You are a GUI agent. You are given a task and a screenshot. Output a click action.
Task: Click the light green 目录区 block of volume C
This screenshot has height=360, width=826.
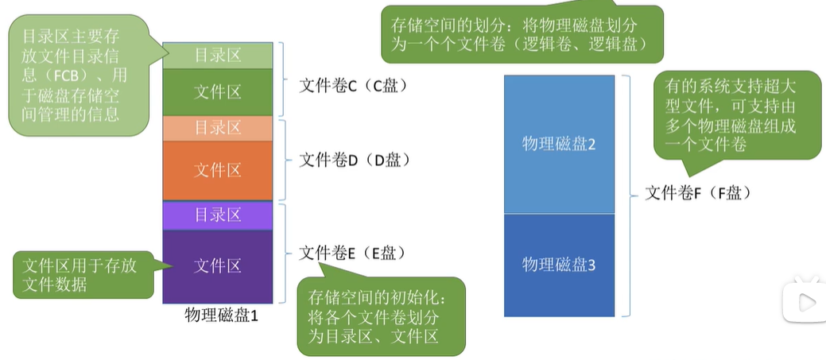218,56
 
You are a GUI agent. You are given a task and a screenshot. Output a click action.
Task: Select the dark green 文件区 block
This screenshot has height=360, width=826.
218,91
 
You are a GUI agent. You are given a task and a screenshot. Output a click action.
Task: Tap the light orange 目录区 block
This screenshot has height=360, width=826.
218,128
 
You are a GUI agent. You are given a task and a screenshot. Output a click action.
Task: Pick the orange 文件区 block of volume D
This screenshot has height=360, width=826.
218,170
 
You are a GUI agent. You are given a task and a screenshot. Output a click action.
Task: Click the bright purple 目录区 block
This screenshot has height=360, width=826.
218,215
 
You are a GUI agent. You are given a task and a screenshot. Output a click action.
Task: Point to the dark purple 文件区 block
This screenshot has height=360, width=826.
218,266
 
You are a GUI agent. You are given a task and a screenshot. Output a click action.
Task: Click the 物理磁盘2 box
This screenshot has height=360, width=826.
559,144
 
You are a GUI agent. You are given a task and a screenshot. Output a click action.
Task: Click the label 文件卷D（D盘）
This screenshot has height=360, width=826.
354,161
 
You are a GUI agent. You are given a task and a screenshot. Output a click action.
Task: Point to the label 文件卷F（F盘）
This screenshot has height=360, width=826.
696,192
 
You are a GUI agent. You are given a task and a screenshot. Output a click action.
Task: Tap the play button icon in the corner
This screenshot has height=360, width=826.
802,301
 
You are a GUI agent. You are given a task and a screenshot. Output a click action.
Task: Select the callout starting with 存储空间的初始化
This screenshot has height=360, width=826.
379,315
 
